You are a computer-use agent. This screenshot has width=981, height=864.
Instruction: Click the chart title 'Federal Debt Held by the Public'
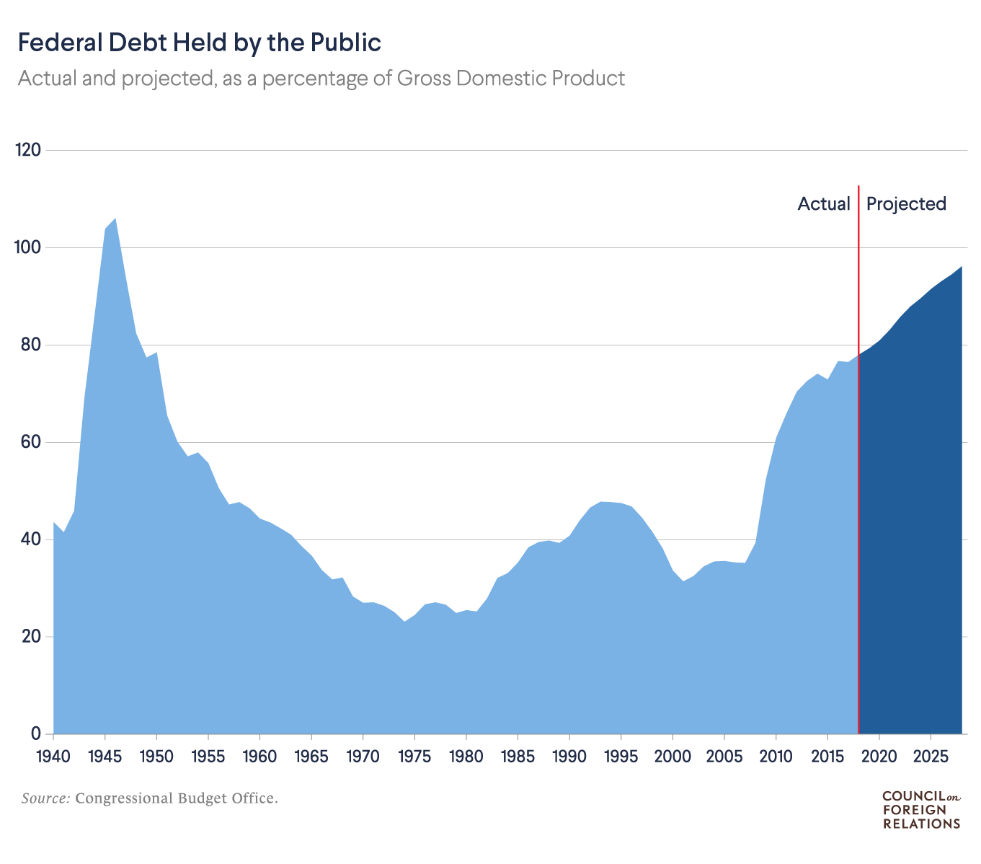point(199,43)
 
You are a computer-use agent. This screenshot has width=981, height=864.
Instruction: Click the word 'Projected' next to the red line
point(906,204)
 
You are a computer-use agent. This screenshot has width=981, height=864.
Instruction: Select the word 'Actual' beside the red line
point(824,204)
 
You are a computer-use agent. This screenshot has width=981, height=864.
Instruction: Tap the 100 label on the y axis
point(29,247)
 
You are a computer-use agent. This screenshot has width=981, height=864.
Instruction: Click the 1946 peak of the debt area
point(115,219)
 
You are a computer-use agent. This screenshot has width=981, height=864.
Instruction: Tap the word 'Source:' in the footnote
point(45,798)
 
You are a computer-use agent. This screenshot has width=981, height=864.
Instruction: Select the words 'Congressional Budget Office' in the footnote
point(175,798)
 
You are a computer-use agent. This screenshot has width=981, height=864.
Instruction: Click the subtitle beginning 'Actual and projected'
point(321,78)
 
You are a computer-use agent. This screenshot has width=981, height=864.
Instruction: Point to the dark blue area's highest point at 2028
point(961,268)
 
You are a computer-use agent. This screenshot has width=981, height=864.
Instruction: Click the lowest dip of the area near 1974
point(404,622)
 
